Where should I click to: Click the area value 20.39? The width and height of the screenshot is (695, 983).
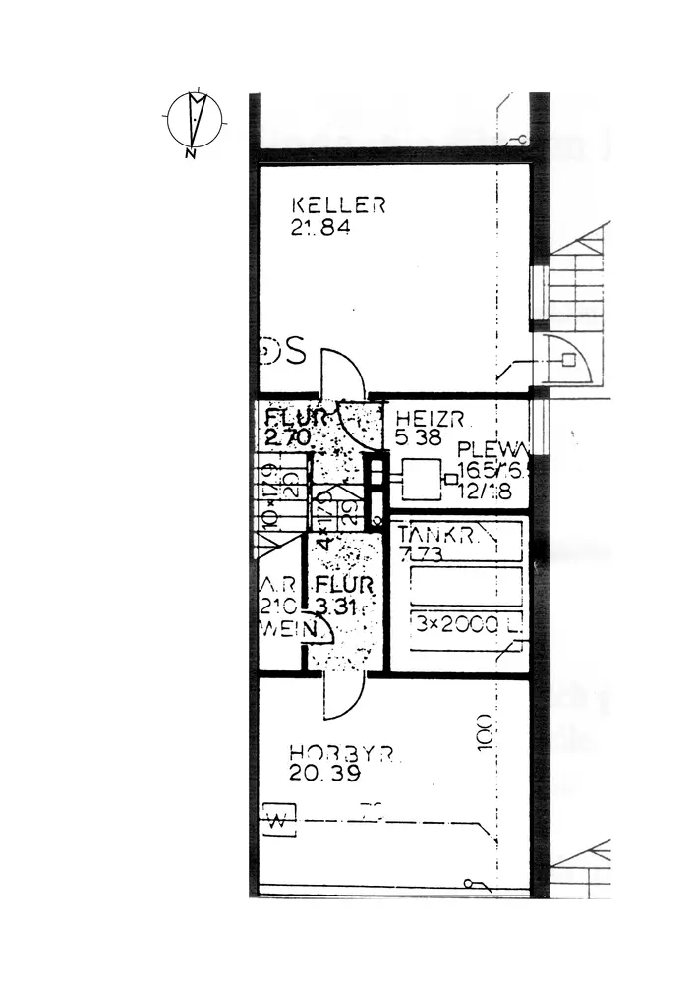click(x=325, y=774)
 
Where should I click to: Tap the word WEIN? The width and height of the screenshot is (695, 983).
click(x=282, y=627)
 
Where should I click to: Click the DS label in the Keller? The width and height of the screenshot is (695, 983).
click(x=284, y=351)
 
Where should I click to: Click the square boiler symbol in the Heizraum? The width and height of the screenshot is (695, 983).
click(x=421, y=482)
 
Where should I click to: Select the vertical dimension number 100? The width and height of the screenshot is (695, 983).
click(x=483, y=733)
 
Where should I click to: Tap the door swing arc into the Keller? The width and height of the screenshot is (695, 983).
click(x=345, y=374)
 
